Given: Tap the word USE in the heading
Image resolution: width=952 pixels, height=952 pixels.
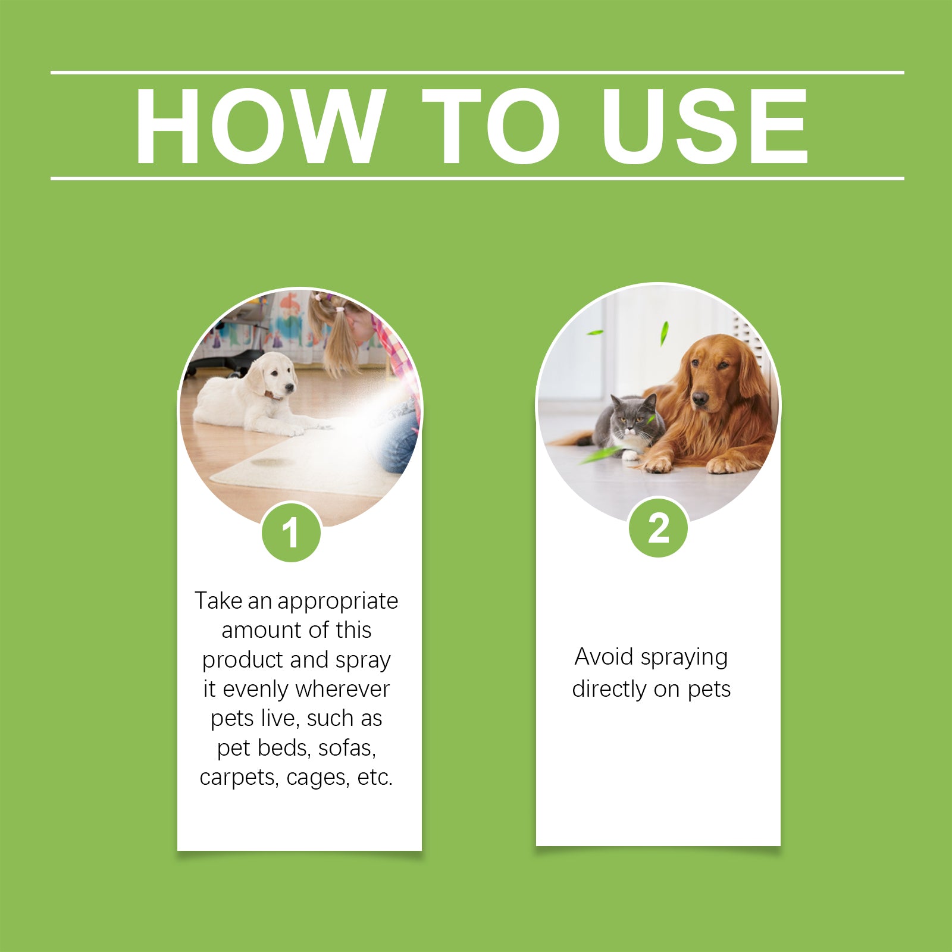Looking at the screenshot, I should point(704,126).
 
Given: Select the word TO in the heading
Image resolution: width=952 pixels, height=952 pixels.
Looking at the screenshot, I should point(491,126).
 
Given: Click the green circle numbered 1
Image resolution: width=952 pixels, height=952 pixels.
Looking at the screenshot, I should point(291,532).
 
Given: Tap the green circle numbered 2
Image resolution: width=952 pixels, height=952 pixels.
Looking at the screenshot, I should point(658,528).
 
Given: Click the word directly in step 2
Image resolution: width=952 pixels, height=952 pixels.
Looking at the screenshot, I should point(609,689).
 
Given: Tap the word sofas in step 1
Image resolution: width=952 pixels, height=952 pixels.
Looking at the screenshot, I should point(347,748).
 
